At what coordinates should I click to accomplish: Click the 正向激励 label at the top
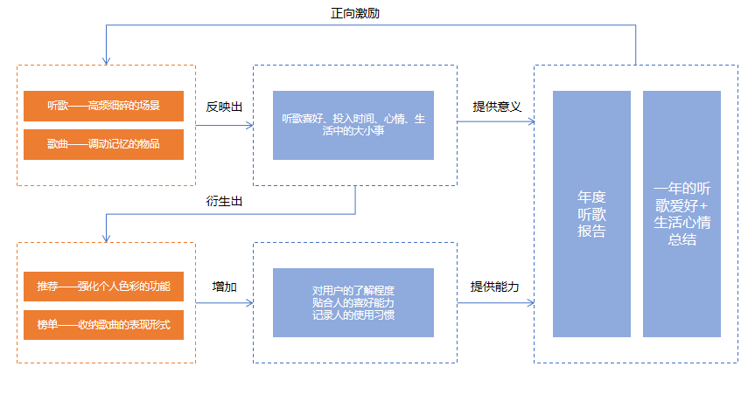[355, 13]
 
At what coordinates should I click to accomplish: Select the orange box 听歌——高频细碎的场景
[104, 106]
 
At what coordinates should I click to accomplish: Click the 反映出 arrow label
[224, 107]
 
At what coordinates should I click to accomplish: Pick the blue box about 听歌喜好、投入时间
[353, 125]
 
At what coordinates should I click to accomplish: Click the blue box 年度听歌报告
[591, 213]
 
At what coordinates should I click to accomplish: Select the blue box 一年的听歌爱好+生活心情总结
[682, 213]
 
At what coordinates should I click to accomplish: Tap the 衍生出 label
[224, 201]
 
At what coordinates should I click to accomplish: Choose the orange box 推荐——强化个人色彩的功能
[104, 286]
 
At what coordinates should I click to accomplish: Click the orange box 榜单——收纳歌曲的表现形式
[104, 324]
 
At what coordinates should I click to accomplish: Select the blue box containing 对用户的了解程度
[353, 302]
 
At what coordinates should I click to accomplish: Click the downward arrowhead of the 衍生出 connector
[106, 238]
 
